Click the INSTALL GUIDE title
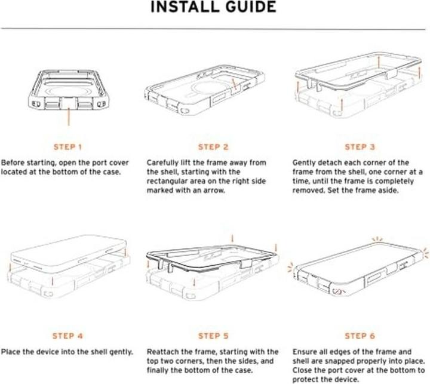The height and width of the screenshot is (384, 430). [213, 7]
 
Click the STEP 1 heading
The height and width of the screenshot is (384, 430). [67, 147]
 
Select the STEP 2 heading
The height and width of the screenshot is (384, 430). [213, 147]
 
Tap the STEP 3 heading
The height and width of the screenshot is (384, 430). [360, 147]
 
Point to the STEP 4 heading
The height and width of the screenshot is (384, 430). [67, 336]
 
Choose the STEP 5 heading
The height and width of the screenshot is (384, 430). [213, 336]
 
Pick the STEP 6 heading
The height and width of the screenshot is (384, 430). [360, 336]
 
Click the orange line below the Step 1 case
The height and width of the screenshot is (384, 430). [69, 117]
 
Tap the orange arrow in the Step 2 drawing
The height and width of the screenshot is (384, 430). [234, 84]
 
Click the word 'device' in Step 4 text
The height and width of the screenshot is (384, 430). [48, 352]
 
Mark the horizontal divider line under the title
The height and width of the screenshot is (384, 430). [213, 29]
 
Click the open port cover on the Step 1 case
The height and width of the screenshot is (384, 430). [69, 103]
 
